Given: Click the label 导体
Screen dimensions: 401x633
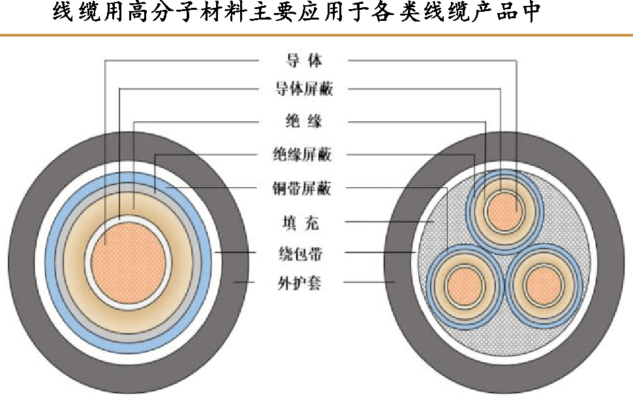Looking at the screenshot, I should [305, 61].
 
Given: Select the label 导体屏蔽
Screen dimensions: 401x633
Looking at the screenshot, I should [305, 89].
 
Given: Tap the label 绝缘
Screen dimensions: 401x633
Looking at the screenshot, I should [305, 121].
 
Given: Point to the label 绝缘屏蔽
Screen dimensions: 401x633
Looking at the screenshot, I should [305, 155].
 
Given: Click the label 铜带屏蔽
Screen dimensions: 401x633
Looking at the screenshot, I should [305, 189].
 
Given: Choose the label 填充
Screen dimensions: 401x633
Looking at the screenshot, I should [305, 223].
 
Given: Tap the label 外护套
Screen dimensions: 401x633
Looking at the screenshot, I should [305, 284].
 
